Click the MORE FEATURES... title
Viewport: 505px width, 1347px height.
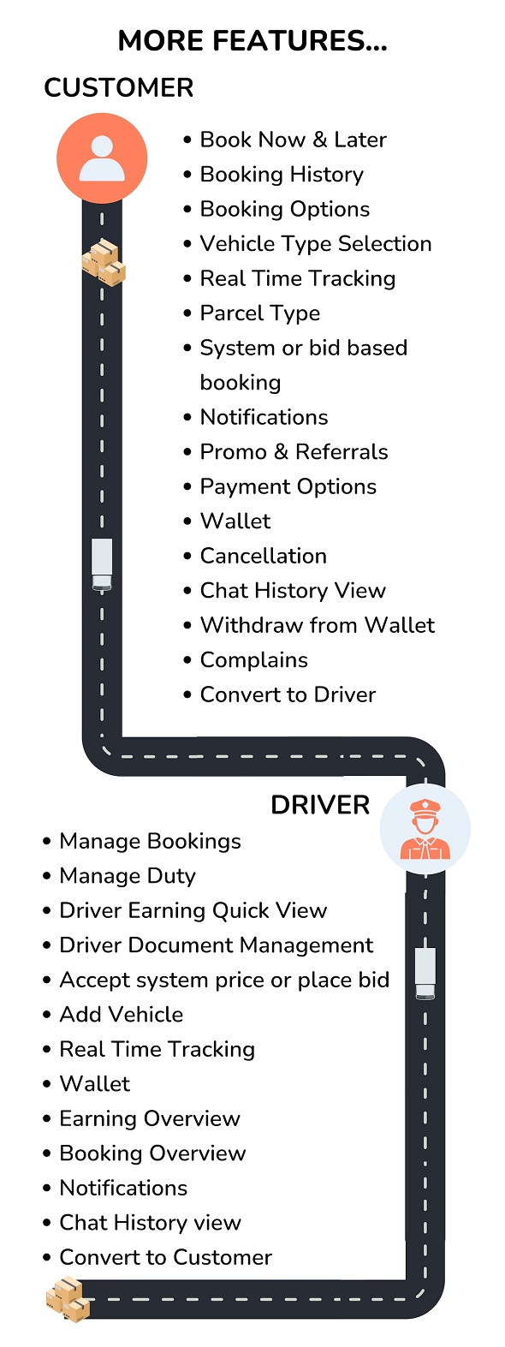click(x=253, y=41)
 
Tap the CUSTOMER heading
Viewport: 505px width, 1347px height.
click(x=119, y=88)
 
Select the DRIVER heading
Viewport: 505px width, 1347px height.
click(x=320, y=805)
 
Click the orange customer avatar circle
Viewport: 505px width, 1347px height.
click(x=102, y=158)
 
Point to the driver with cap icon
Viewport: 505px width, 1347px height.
click(x=425, y=829)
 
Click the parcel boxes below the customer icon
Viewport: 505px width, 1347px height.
click(x=104, y=262)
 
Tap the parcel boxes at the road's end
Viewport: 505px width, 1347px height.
click(x=68, y=1299)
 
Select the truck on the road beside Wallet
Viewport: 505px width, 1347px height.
click(x=102, y=564)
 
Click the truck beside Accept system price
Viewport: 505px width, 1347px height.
click(x=425, y=974)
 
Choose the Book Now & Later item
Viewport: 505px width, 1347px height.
click(x=293, y=140)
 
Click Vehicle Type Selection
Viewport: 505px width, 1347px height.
click(x=316, y=243)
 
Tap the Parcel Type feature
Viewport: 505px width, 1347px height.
click(x=259, y=313)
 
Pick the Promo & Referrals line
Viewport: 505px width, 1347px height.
click(x=294, y=451)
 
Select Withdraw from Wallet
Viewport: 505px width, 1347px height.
click(x=318, y=625)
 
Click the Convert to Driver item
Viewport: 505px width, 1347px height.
click(x=288, y=694)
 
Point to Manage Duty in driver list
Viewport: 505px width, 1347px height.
click(x=128, y=876)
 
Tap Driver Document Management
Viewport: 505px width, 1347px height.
click(x=217, y=945)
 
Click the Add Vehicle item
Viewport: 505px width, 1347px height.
click(x=122, y=1015)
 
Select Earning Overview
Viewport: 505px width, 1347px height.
click(x=150, y=1118)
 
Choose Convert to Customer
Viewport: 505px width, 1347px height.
click(x=166, y=1257)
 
